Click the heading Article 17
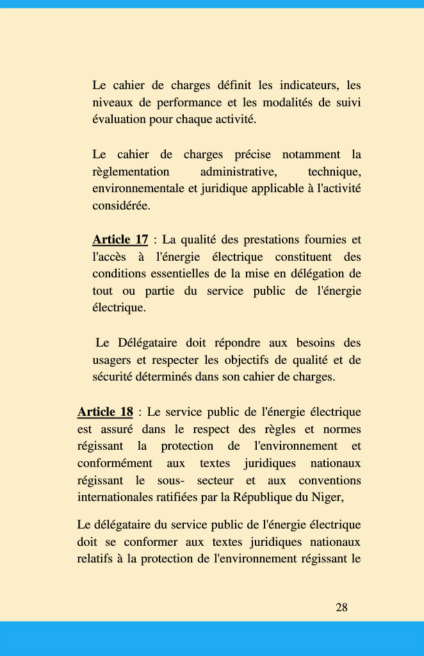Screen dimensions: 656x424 tap(120, 240)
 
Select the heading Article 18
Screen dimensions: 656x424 tap(105, 412)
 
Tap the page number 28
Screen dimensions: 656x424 tap(341, 607)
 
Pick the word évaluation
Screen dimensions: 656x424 tap(119, 120)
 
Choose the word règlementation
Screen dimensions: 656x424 tap(131, 172)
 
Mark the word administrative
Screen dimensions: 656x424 tap(238, 172)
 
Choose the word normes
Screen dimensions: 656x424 tap(341, 429)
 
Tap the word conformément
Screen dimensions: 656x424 tap(115, 463)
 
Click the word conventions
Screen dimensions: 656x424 tap(329, 480)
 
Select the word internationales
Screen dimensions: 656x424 tap(116, 497)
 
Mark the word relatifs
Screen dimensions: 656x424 tap(94, 559)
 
